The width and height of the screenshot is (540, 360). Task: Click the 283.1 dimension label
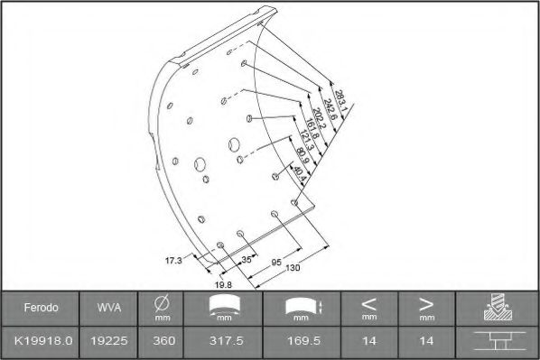[x=340, y=98]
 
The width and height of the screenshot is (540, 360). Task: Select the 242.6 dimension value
[x=329, y=110]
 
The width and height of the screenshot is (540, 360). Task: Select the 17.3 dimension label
[x=172, y=260]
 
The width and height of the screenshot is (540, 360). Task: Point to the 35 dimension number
[x=247, y=260]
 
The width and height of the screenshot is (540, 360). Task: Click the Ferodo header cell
[x=42, y=309]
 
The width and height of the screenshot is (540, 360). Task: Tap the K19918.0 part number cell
[x=42, y=343]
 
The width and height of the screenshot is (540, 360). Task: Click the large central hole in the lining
[x=234, y=143]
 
